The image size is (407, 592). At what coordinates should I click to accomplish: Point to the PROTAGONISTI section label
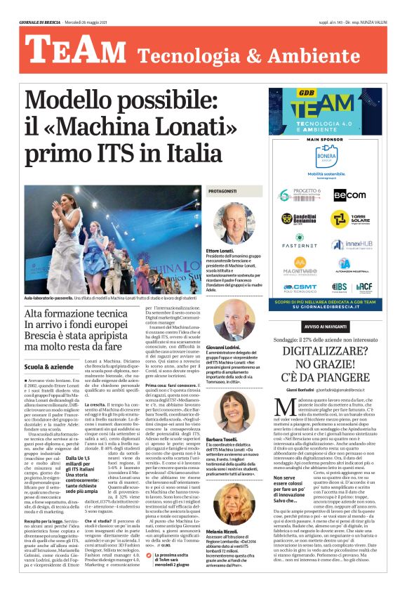[222, 191]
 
